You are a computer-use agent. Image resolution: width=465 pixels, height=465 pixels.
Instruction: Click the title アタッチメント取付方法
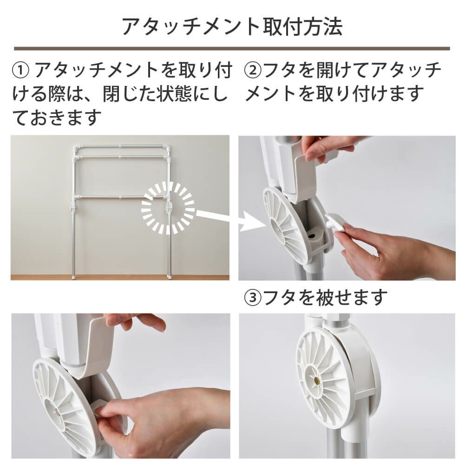point(232,26)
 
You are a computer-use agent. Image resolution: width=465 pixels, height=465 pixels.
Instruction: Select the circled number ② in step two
point(254,71)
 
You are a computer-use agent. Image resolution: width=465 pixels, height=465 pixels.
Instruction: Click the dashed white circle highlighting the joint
point(168,208)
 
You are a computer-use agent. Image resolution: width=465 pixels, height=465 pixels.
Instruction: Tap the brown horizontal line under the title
point(232,48)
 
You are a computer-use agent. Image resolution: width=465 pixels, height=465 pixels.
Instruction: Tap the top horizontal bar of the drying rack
point(121,147)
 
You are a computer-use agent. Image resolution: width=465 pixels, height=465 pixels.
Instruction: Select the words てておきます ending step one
point(56,117)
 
